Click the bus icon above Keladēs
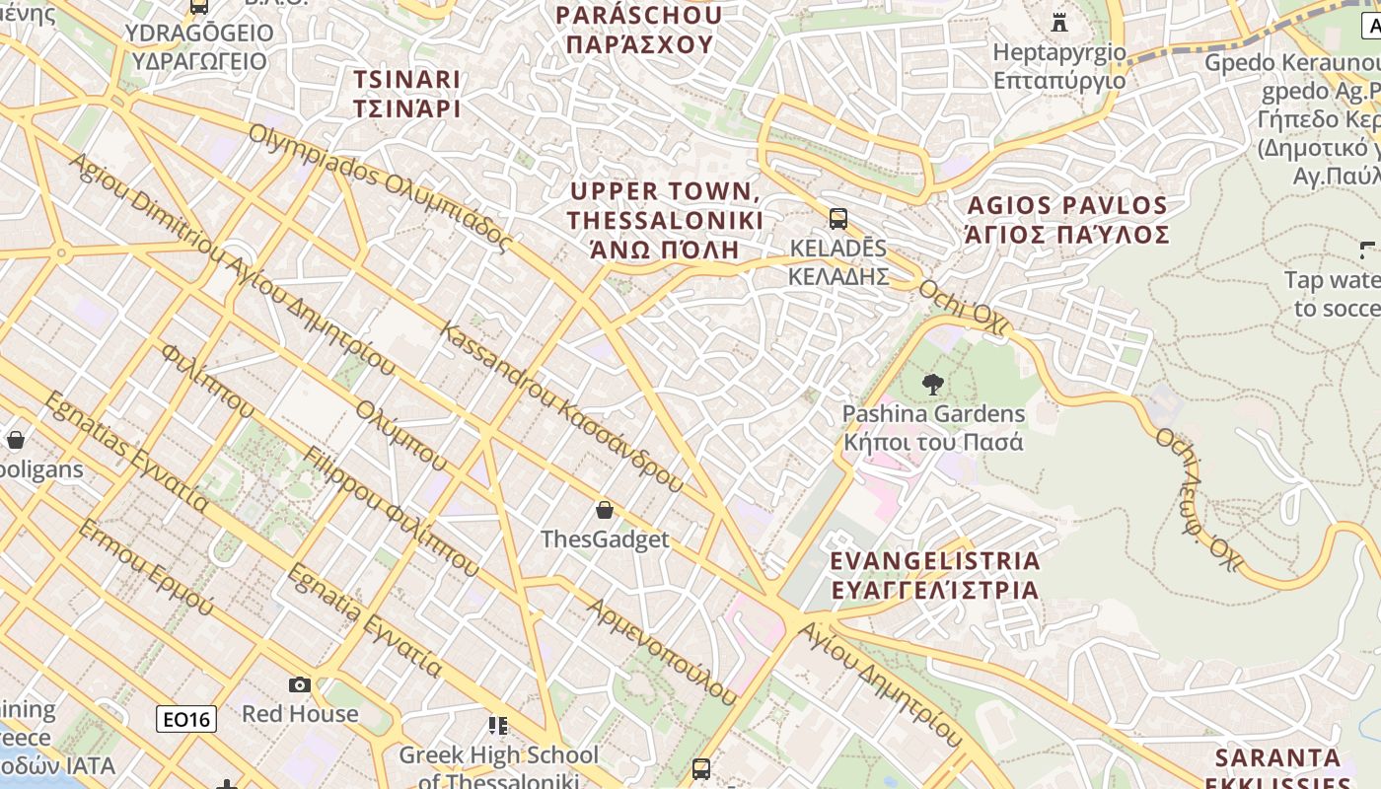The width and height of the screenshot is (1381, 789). coord(838,219)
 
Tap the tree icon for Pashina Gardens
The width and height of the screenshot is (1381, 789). coord(933,385)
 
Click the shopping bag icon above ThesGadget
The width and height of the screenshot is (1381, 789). coord(605,510)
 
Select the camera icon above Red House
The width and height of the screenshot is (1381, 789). coord(300,684)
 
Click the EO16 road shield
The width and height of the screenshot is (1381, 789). coord(186,719)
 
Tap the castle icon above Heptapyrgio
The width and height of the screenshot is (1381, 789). coord(1059,22)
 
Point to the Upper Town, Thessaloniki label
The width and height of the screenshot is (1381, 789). coord(665,219)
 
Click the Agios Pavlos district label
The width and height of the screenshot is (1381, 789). coord(1068,220)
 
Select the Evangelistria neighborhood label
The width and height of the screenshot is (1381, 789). coord(934,575)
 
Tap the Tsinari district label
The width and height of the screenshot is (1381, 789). coord(407,94)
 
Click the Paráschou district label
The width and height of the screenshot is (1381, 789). coord(638,30)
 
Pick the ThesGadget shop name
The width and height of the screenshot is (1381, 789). coord(605,539)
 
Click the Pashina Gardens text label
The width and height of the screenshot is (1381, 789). coord(933,427)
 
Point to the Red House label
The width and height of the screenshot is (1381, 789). coord(300,713)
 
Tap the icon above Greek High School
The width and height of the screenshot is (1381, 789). coord(498,726)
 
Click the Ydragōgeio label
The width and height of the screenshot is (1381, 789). coord(199,46)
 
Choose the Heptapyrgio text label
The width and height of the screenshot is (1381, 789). coord(1059,65)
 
